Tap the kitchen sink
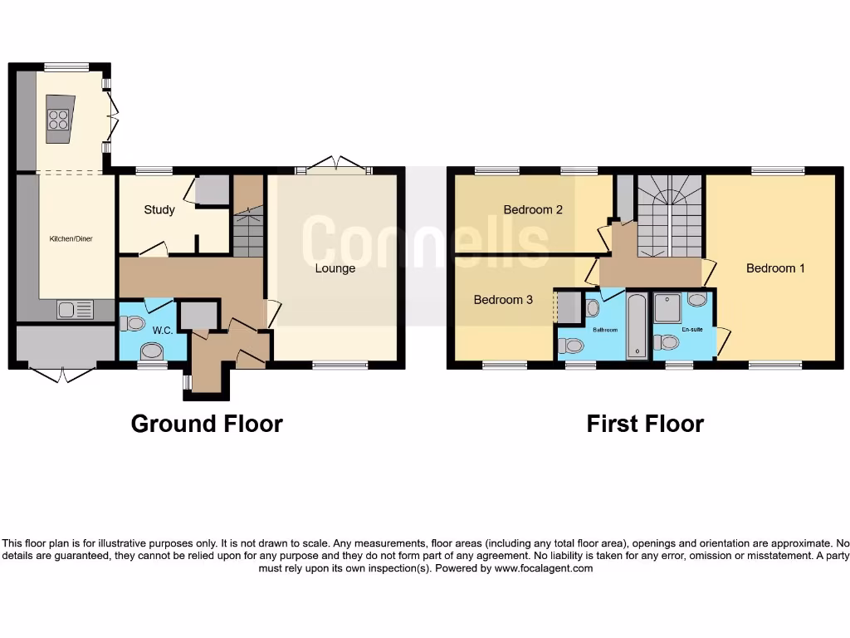(75, 310)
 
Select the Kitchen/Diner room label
(71, 238)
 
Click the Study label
(159, 209)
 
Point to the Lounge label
(335, 268)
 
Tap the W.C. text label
(163, 331)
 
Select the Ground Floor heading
(207, 424)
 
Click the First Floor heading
(645, 424)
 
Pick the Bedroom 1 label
(775, 268)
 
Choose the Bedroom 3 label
(503, 299)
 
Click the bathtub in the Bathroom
(637, 326)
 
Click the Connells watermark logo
(425, 240)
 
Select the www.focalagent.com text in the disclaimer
(544, 569)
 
